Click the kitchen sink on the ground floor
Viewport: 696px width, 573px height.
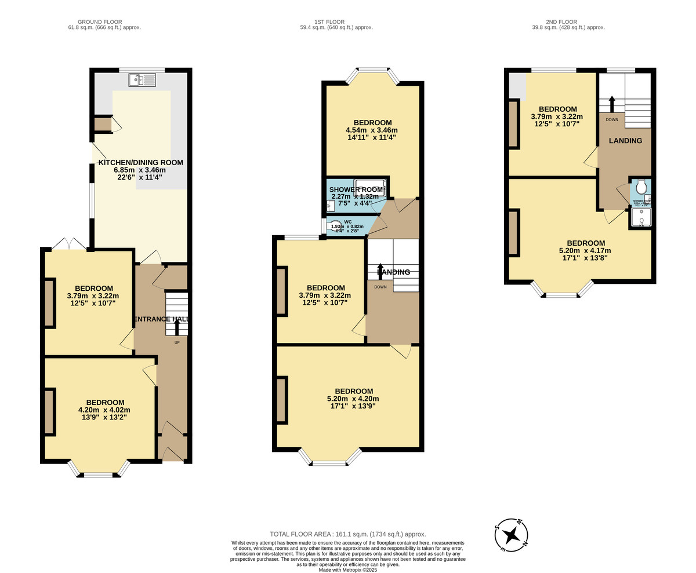(x=142, y=80)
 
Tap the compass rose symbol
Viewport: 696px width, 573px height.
(x=511, y=535)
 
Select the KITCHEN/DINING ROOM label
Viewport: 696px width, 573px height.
(x=140, y=163)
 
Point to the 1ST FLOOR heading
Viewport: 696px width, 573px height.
(x=336, y=22)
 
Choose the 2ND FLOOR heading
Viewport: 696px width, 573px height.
(x=568, y=22)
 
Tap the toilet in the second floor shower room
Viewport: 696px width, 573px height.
(x=641, y=187)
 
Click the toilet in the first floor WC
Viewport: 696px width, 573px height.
(x=335, y=225)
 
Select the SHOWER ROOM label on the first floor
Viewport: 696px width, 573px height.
(x=356, y=189)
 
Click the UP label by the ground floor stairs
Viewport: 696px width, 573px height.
(x=177, y=342)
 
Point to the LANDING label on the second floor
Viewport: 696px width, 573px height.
(x=625, y=141)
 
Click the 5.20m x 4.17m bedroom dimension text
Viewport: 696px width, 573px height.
(x=585, y=251)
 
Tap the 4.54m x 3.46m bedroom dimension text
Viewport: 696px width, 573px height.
(x=372, y=130)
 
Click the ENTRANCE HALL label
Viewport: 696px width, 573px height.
(x=161, y=319)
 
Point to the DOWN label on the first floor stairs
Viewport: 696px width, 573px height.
(x=380, y=287)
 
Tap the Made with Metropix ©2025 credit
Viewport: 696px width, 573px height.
(x=347, y=570)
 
